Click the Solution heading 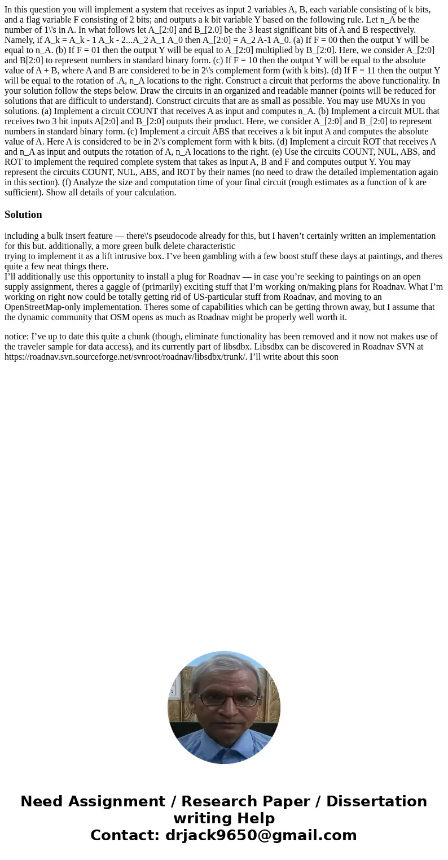click(23, 215)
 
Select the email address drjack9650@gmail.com click(261, 835)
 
